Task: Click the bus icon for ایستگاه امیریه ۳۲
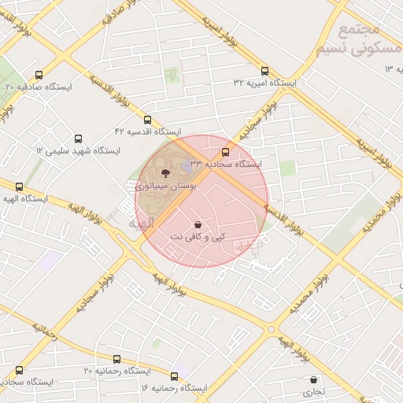coord(264,69)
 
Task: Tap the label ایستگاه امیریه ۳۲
coord(264,83)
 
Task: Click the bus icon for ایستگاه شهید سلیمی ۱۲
coord(78,138)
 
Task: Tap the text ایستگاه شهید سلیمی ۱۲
coord(77,150)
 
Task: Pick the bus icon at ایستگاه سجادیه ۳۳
coord(226,152)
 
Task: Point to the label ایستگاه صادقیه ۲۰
coord(39,86)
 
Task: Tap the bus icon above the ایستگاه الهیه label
coord(20,187)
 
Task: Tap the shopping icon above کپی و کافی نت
coord(197,224)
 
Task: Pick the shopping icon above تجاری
coord(314,379)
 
